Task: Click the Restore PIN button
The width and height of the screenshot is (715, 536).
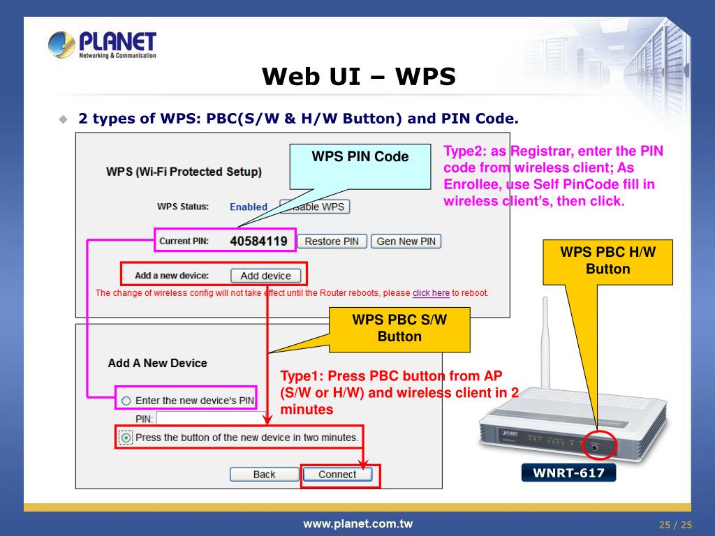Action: pos(332,241)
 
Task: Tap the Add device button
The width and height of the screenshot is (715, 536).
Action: pos(266,276)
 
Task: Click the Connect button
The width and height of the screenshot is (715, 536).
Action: pos(337,475)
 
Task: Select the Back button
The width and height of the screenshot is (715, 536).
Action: pos(265,475)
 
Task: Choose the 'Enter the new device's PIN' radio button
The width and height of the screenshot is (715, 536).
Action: pos(126,401)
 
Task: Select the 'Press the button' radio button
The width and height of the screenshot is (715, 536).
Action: pos(126,438)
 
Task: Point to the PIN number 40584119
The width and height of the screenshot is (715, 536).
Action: pos(258,241)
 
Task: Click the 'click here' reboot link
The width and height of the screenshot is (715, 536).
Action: pos(431,292)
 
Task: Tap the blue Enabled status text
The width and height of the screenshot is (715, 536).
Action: pos(249,207)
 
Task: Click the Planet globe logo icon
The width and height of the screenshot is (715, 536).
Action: pos(61,45)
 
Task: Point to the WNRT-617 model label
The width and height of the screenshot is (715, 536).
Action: pos(568,472)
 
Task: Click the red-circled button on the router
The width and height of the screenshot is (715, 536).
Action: pos(595,447)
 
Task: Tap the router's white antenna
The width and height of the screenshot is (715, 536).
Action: pos(545,345)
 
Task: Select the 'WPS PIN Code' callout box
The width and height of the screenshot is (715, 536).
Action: pos(360,166)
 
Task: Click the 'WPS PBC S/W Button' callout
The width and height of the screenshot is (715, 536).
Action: pos(399,329)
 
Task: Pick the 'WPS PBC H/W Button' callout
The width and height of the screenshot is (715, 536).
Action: pos(608,262)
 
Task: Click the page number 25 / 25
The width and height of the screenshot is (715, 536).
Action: pos(675,525)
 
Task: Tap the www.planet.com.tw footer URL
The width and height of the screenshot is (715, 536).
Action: pos(358,524)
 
